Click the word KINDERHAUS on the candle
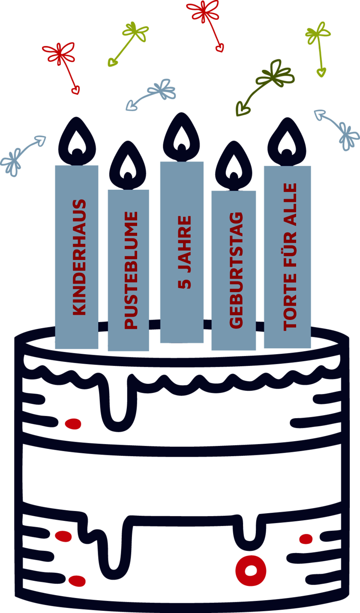click(80, 257)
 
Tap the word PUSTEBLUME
click(131, 270)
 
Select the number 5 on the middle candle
click(185, 283)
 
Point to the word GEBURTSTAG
click(236, 270)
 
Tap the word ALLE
click(290, 204)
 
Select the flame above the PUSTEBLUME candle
click(128, 165)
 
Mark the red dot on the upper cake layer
click(73, 424)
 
